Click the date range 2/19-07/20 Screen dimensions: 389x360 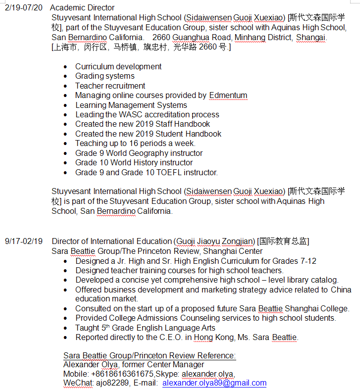point(24,7)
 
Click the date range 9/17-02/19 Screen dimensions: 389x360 point(24,242)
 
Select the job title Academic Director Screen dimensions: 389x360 point(82,7)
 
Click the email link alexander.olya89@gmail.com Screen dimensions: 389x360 point(214,383)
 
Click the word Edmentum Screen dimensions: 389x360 point(228,96)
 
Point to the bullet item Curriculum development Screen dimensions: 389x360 point(118,66)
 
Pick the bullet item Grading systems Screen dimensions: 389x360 point(104,76)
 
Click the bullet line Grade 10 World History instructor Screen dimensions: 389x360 point(134,163)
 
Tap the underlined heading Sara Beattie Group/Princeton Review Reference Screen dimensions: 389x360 point(150,355)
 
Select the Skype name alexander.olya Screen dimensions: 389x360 point(208,374)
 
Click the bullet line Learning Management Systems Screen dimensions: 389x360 point(131,105)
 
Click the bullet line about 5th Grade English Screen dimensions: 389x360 point(145,328)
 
